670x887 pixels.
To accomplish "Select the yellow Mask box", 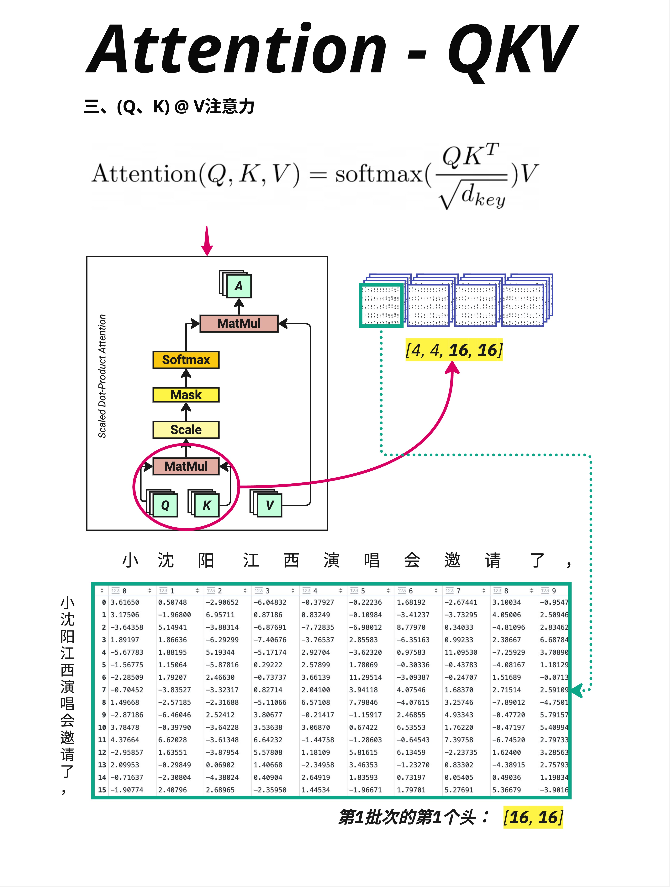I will pyautogui.click(x=186, y=395).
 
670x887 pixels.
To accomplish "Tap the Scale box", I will pyautogui.click(x=186, y=429).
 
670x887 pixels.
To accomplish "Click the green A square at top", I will pyautogui.click(x=239, y=286).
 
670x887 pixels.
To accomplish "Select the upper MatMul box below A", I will pyautogui.click(x=239, y=323).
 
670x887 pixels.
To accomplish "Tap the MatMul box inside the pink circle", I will pyautogui.click(x=186, y=466).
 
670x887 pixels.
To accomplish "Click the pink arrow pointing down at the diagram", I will pyautogui.click(x=207, y=241).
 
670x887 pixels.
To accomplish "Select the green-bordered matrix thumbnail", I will pyautogui.click(x=381, y=305).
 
